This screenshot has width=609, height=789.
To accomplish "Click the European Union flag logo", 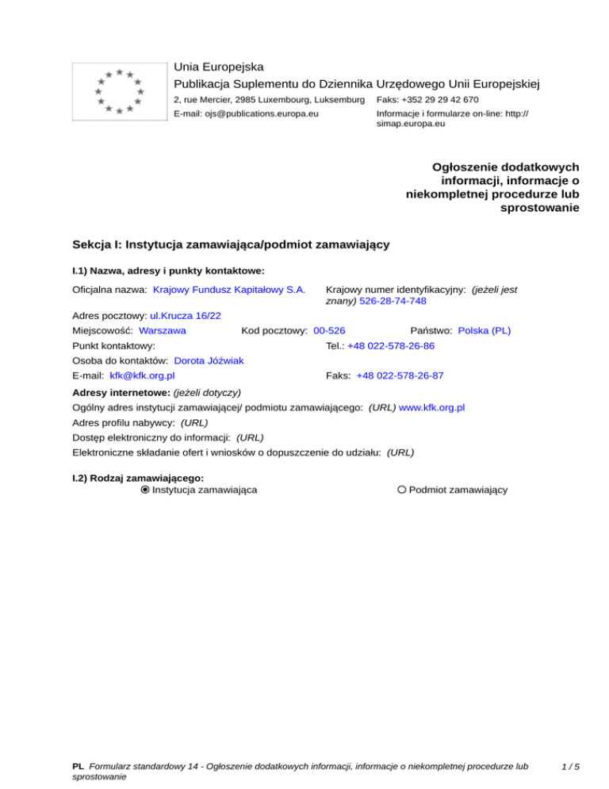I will [118, 90].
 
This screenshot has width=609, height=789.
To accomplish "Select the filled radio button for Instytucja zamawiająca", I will [145, 490].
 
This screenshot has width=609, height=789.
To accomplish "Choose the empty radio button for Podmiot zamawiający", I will [402, 490].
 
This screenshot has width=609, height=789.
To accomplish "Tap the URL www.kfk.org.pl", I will [431, 407].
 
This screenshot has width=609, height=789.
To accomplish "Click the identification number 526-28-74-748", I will [393, 302].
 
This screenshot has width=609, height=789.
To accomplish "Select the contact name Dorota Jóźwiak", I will [209, 360].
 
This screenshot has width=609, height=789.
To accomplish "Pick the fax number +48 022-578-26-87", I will [400, 375].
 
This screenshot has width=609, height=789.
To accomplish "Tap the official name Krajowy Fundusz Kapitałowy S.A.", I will [229, 291].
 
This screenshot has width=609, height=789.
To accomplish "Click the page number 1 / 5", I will [569, 767].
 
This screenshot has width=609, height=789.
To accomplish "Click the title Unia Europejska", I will [219, 67].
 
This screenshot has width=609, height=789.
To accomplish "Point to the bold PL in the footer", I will [78, 767].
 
